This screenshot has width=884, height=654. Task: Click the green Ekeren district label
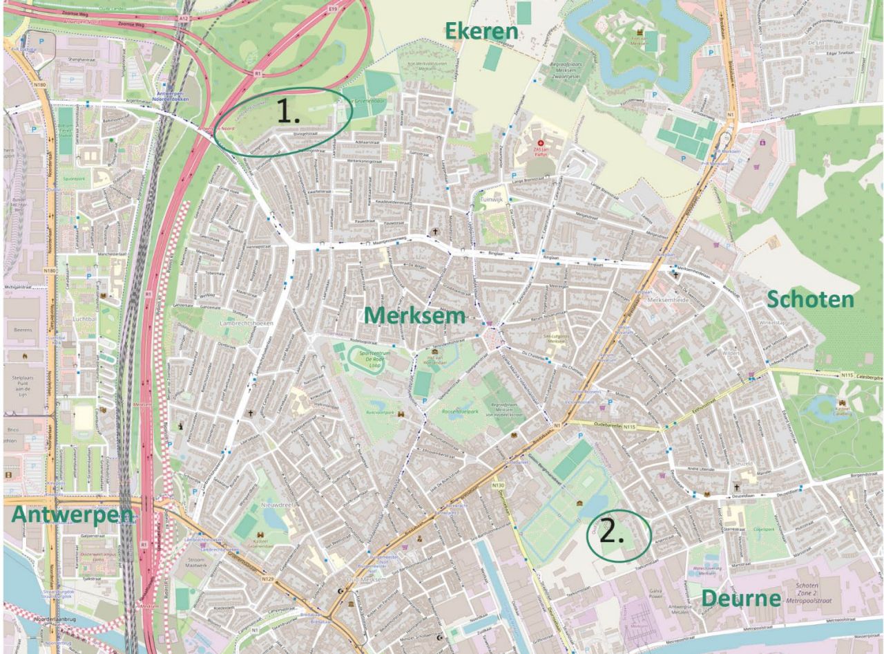tap(481, 31)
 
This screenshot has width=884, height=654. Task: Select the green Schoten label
tap(810, 299)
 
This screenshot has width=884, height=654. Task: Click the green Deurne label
tap(742, 598)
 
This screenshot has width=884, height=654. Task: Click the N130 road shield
tap(499, 486)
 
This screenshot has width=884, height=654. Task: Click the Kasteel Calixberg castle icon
tap(841, 403)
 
